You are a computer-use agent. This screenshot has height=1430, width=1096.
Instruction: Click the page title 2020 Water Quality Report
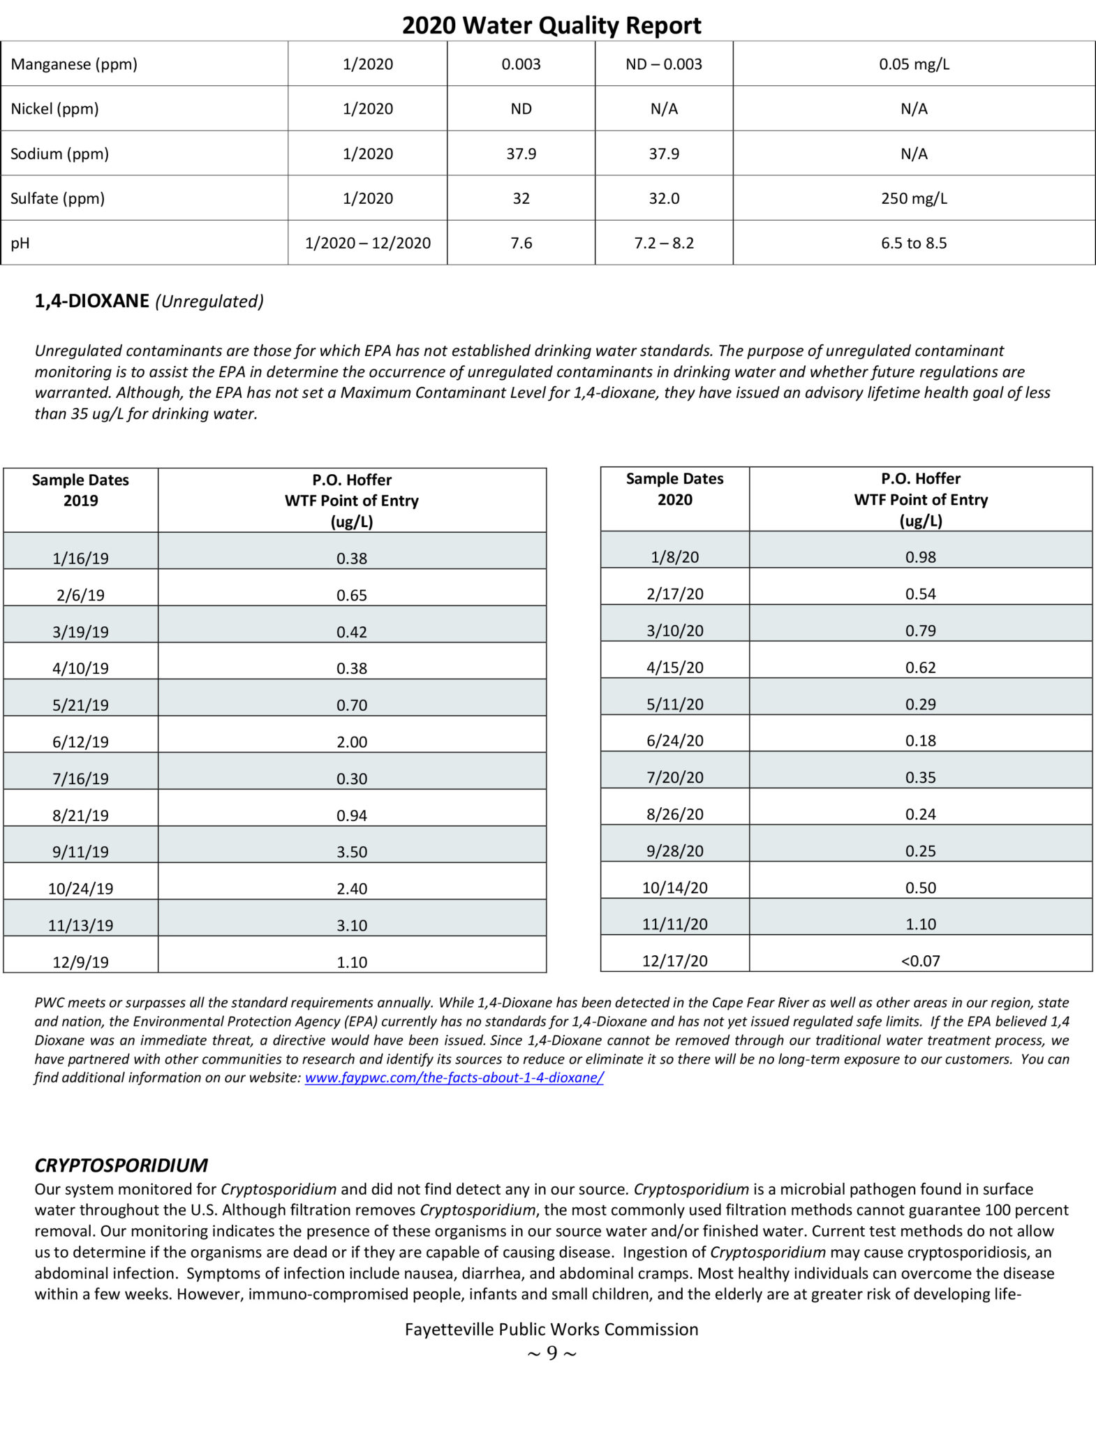coord(551,25)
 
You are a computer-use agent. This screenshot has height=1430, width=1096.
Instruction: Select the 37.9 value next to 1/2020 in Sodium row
coord(521,154)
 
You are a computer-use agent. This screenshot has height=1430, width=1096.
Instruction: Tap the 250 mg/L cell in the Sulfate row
coord(913,198)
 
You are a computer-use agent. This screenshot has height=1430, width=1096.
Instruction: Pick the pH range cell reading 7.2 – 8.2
coord(663,243)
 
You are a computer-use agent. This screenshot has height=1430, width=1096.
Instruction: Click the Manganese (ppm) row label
coord(74,64)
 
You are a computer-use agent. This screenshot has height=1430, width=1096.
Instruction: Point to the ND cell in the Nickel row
coord(521,109)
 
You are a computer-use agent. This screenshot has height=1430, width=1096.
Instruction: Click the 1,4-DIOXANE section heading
coord(92,301)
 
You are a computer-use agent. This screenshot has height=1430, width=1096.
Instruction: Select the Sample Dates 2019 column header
coord(80,490)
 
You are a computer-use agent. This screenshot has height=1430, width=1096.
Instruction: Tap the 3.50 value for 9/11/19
coord(351,851)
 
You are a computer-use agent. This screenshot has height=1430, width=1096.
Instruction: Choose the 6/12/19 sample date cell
coord(80,742)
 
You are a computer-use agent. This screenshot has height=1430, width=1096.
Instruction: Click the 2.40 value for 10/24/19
coord(351,888)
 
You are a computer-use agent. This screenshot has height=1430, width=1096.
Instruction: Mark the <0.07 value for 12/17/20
coord(920,961)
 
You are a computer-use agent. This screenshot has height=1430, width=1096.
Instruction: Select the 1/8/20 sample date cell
coord(674,557)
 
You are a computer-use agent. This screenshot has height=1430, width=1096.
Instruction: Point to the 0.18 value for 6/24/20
coord(920,740)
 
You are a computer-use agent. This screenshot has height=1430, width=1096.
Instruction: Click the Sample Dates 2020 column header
coord(674,489)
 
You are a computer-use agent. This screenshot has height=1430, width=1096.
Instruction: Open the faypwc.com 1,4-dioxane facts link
coord(454,1077)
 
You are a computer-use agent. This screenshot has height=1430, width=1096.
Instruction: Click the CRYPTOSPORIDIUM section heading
coord(121,1165)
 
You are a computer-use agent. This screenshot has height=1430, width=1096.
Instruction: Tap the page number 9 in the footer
coord(551,1353)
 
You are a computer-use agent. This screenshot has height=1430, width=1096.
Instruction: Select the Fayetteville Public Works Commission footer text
coord(551,1329)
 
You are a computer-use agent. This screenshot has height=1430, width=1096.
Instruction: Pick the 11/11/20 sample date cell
coord(674,924)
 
